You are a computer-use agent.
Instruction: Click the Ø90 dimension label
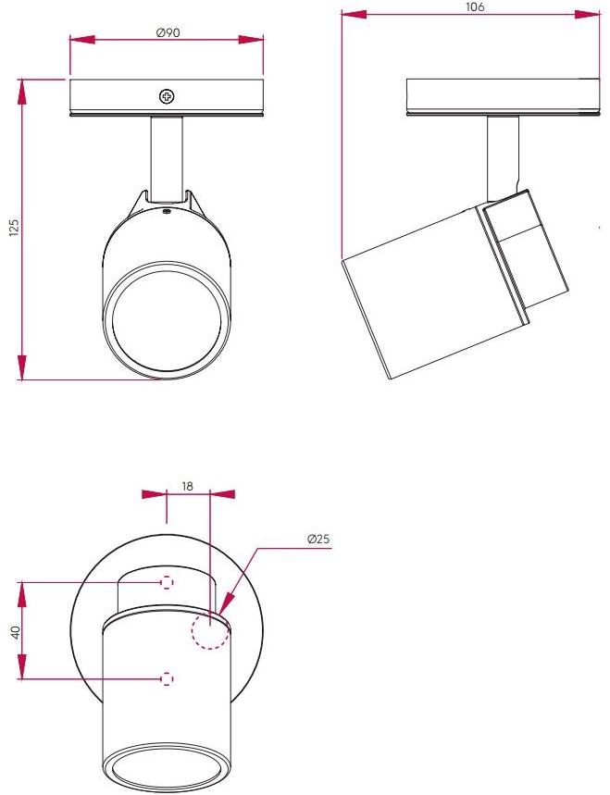click(168, 32)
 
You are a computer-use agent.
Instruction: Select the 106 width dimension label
click(473, 6)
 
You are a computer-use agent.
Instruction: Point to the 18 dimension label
click(188, 485)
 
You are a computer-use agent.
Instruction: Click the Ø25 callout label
click(318, 539)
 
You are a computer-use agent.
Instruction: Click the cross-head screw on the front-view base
click(167, 96)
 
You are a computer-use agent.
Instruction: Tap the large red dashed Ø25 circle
click(209, 632)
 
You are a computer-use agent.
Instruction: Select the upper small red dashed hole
click(167, 582)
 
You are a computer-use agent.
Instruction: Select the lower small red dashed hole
click(167, 678)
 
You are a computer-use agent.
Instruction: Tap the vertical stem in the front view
click(167, 157)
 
